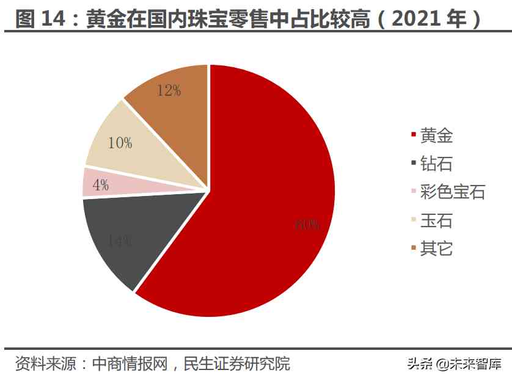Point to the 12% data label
point(169,91)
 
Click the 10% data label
point(120,143)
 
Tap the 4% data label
point(101,185)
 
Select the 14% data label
point(119,241)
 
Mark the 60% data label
point(307,224)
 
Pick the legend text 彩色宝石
point(453,192)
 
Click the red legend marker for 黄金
point(414,136)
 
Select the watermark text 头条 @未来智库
point(453,365)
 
